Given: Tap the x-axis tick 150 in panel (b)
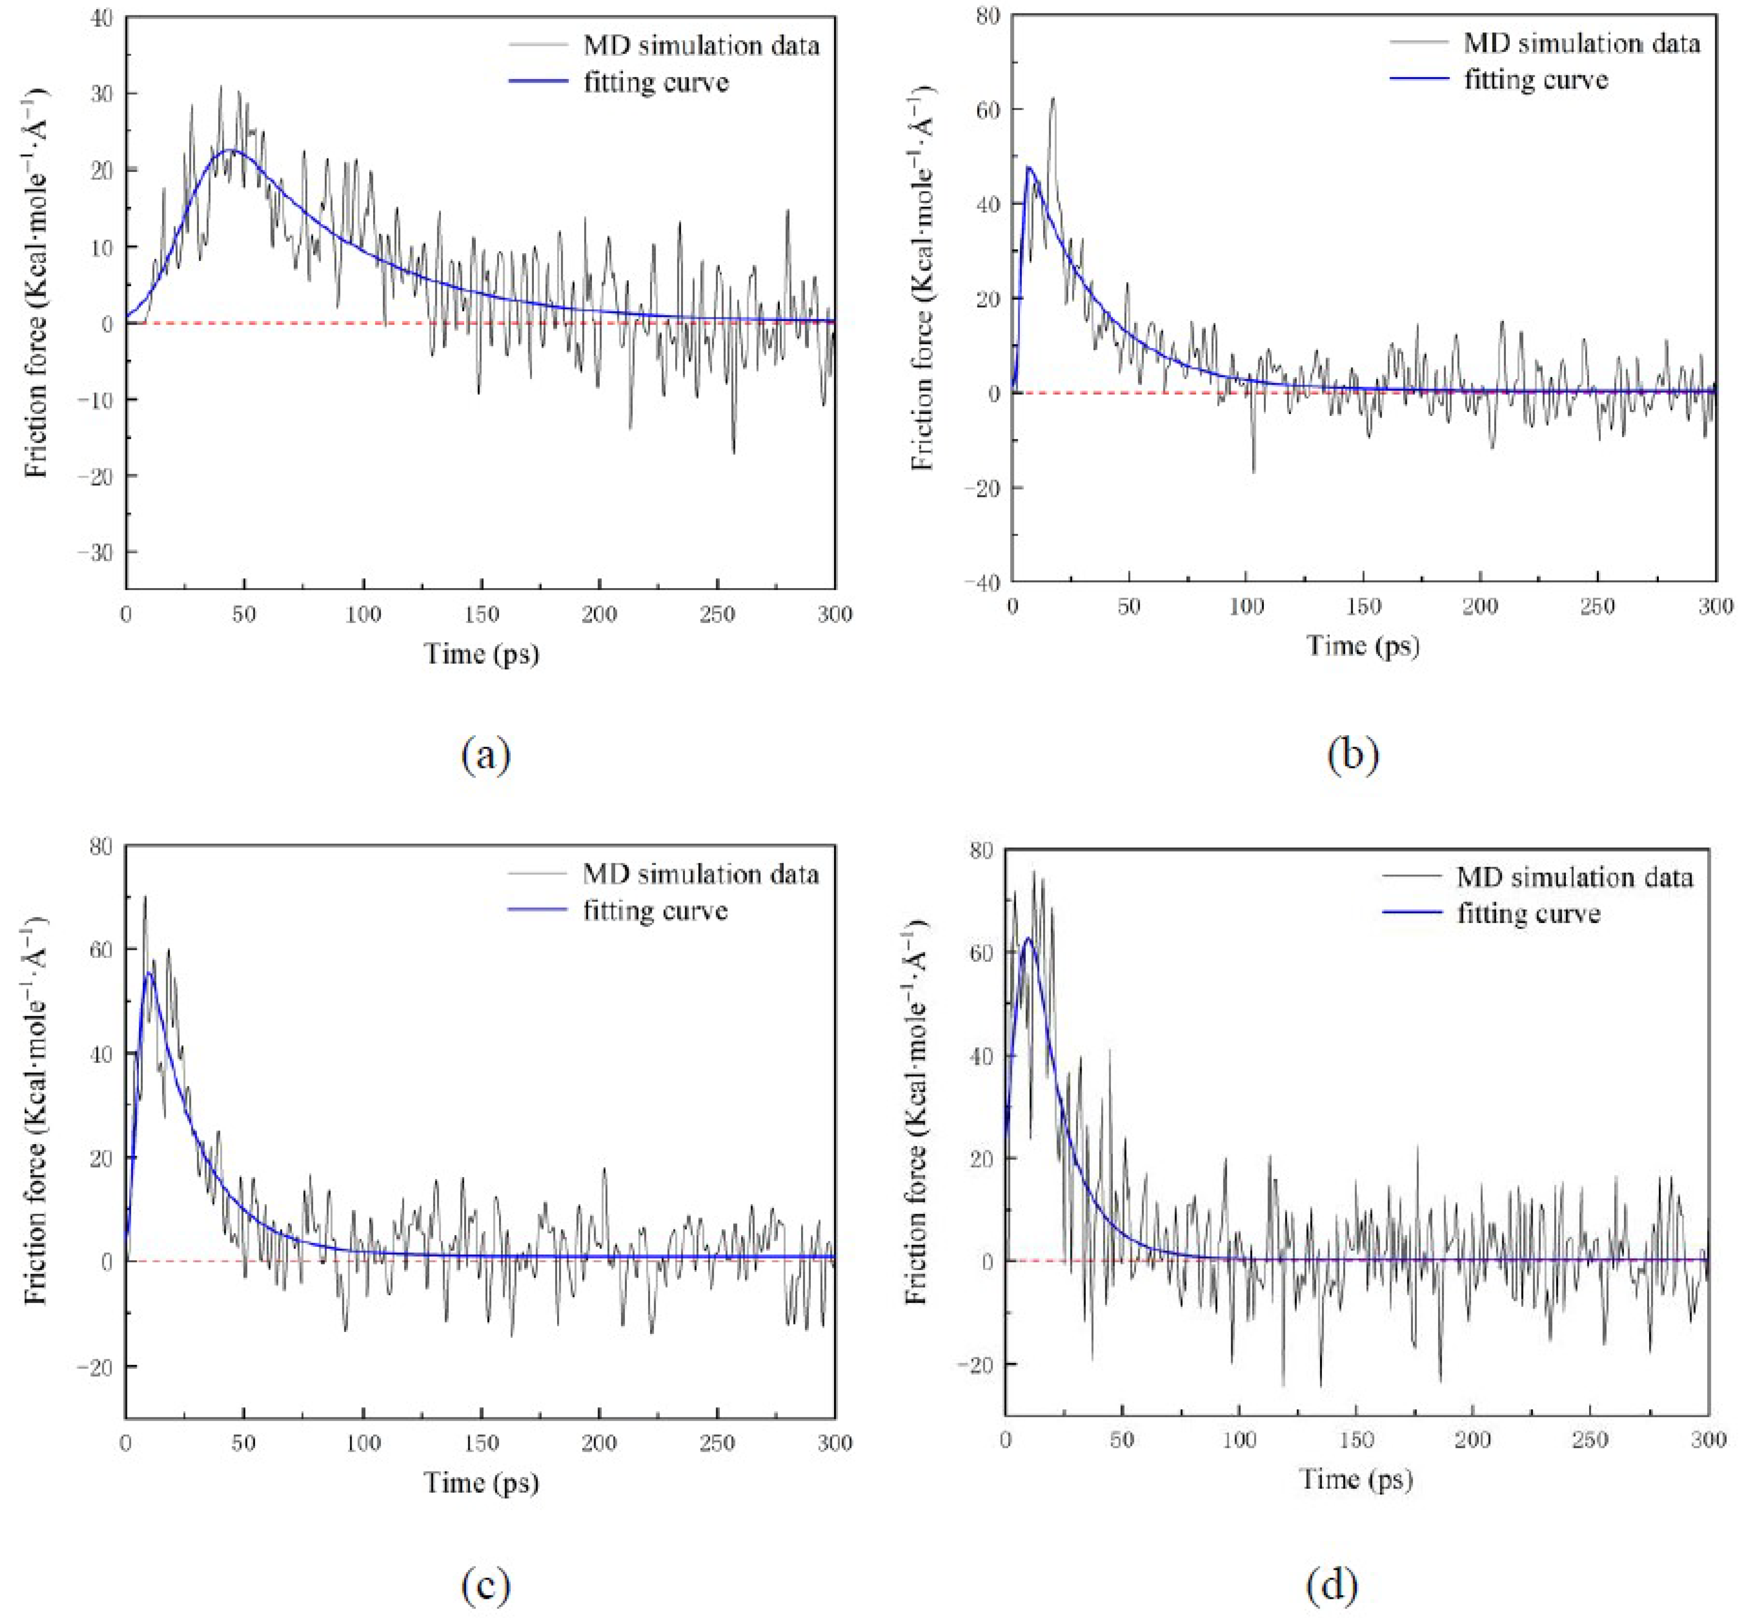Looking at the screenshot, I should point(1364,606).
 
